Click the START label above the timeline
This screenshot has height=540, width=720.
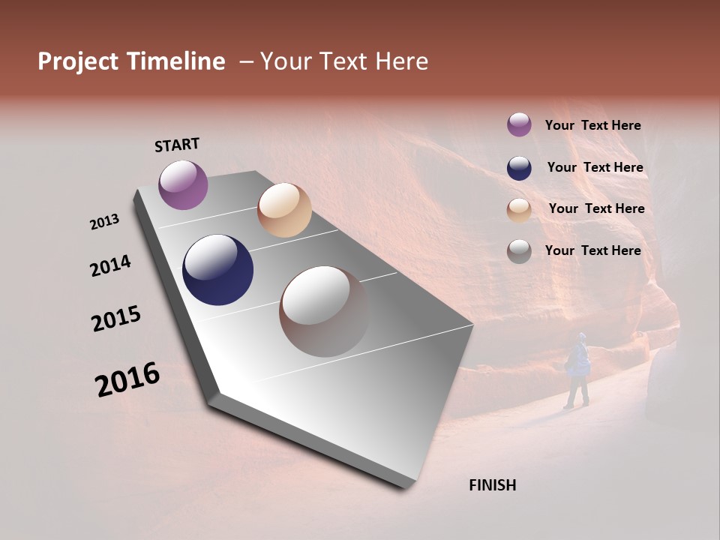click(x=177, y=145)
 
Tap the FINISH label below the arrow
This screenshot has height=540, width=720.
click(x=492, y=485)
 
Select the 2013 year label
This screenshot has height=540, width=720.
click(x=104, y=222)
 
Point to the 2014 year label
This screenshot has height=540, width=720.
click(x=110, y=266)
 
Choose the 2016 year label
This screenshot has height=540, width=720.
click(x=127, y=379)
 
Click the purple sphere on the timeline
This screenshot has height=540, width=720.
click(x=183, y=184)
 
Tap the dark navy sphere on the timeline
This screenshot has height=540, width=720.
click(x=217, y=270)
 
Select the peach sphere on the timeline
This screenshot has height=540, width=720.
click(x=284, y=210)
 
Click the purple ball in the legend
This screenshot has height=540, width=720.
click(x=519, y=124)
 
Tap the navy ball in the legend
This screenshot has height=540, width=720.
click(x=519, y=168)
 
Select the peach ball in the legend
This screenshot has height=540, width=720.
click(x=519, y=210)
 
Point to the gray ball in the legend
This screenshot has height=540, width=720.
click(x=519, y=252)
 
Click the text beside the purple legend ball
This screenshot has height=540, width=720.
click(x=592, y=125)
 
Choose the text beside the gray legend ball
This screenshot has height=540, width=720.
click(x=592, y=250)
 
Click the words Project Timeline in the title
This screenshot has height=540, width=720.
click(x=131, y=61)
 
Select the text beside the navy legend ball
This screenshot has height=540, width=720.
click(x=595, y=167)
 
